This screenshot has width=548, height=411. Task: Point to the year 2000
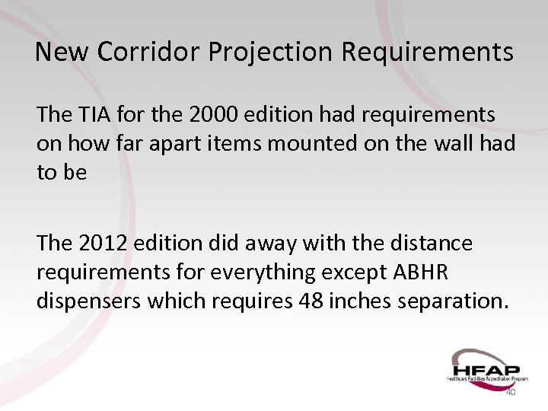tap(213, 115)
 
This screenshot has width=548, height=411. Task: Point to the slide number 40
tap(510, 391)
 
